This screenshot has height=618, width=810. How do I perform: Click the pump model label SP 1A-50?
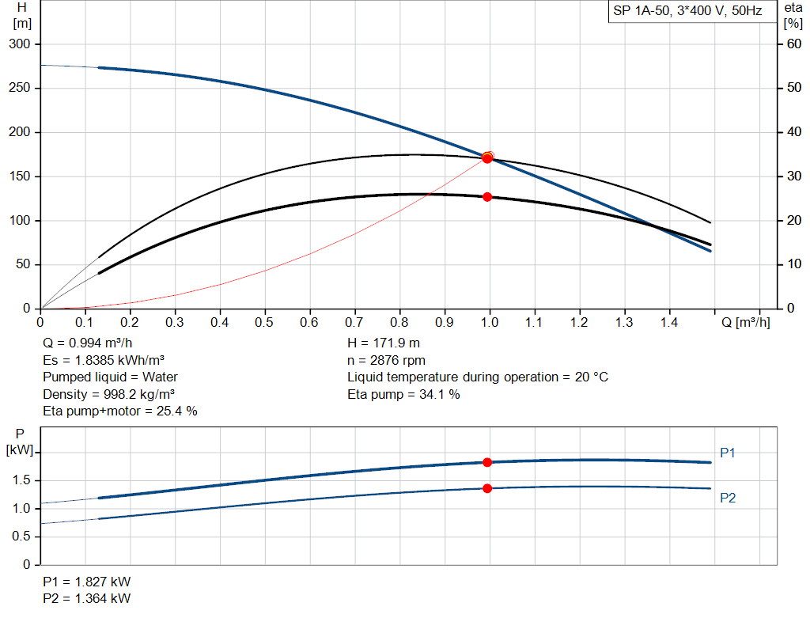pyautogui.click(x=642, y=12)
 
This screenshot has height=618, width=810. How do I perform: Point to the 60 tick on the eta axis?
pyautogui.click(x=793, y=44)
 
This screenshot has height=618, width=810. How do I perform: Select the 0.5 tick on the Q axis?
pyautogui.click(x=265, y=323)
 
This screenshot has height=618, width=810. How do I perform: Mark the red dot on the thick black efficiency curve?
pyautogui.click(x=487, y=197)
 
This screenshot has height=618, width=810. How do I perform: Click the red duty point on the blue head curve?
pyautogui.click(x=487, y=158)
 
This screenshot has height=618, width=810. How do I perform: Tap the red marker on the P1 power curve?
pyautogui.click(x=487, y=462)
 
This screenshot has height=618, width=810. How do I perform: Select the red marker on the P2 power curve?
pyautogui.click(x=487, y=488)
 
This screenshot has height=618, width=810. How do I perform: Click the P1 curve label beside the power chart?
pyautogui.click(x=728, y=453)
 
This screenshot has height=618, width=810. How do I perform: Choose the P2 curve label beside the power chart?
pyautogui.click(x=728, y=499)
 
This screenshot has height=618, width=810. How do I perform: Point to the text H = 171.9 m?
pyautogui.click(x=384, y=344)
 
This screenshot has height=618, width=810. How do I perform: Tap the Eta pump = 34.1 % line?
pyautogui.click(x=403, y=394)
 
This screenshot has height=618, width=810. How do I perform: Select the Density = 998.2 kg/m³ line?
pyautogui.click(x=109, y=394)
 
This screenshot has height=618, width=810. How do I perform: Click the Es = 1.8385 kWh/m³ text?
pyautogui.click(x=104, y=361)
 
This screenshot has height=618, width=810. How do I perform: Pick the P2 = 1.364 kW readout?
pyautogui.click(x=87, y=598)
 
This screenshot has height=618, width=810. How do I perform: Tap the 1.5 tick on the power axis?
pyautogui.click(x=21, y=480)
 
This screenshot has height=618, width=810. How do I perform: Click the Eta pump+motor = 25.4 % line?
pyautogui.click(x=120, y=411)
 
